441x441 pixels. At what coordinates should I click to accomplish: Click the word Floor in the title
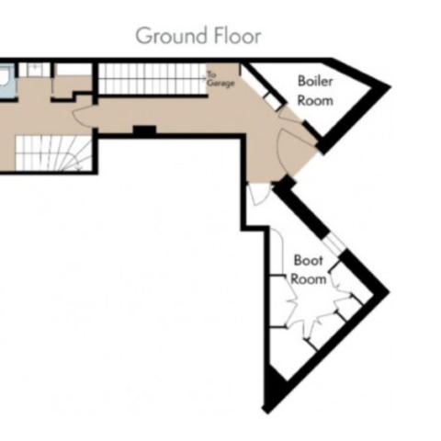(x=238, y=36)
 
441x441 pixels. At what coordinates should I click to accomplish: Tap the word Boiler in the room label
(x=315, y=81)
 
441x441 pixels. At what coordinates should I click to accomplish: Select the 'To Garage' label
(x=220, y=79)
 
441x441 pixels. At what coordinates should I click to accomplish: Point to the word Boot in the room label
(x=308, y=260)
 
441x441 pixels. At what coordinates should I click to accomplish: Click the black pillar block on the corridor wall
(x=144, y=130)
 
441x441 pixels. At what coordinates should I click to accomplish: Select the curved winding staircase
(x=53, y=153)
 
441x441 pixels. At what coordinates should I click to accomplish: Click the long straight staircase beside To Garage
(x=153, y=79)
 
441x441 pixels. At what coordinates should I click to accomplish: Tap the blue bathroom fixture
(x=6, y=81)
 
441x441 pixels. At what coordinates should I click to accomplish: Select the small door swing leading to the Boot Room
(x=259, y=194)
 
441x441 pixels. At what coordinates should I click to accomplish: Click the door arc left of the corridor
(x=80, y=115)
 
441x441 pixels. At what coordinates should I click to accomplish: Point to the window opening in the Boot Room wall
(x=336, y=243)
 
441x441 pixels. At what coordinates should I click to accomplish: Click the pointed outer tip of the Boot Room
(x=389, y=291)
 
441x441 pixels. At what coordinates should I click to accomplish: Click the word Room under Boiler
(x=315, y=100)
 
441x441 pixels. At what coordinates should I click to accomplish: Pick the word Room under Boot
(x=308, y=279)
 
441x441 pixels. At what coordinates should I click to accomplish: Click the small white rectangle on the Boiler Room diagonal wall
(x=273, y=101)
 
